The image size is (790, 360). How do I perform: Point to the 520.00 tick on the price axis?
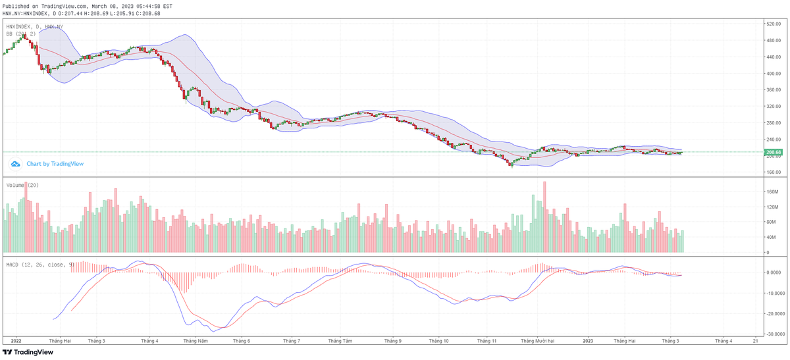(773, 24)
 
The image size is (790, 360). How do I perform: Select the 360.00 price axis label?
(773, 107)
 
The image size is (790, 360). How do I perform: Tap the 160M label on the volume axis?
(772, 192)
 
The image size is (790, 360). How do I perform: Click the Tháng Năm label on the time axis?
(196, 341)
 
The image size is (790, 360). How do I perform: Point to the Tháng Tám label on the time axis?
(340, 341)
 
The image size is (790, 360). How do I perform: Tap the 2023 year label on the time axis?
(588, 341)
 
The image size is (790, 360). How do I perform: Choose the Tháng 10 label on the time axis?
(439, 341)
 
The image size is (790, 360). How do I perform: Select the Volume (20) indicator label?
(22, 185)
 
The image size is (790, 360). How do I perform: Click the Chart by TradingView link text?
(55, 164)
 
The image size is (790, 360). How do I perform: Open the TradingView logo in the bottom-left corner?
(28, 352)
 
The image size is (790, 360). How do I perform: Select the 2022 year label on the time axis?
(16, 341)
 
